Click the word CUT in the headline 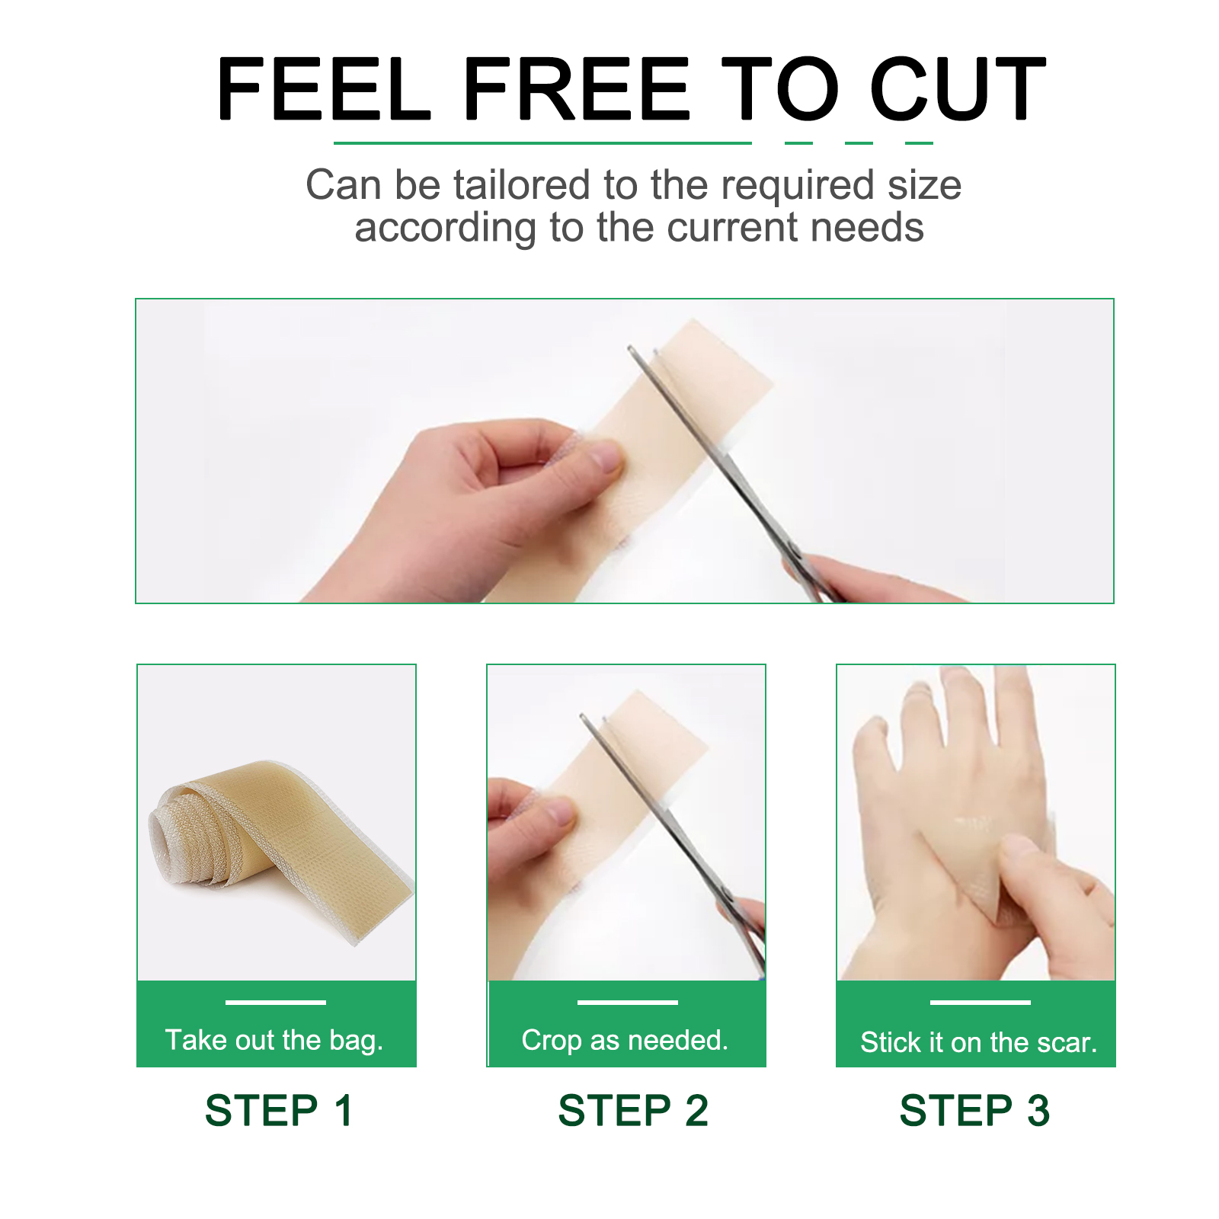[x=958, y=88]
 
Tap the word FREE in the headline [x=576, y=88]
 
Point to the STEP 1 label [x=280, y=1110]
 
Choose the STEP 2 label [x=633, y=1110]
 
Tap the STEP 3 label [x=974, y=1110]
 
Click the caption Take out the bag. [x=274, y=1040]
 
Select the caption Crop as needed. [x=625, y=1040]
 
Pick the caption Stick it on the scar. [x=979, y=1041]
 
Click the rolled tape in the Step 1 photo [x=280, y=846]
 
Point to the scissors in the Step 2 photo [x=674, y=842]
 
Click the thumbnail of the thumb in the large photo [x=607, y=458]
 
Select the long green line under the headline [x=542, y=142]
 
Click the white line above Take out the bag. [x=276, y=1002]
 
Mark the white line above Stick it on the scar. [x=981, y=1002]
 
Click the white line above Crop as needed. [x=628, y=1002]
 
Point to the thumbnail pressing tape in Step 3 [x=1017, y=845]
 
